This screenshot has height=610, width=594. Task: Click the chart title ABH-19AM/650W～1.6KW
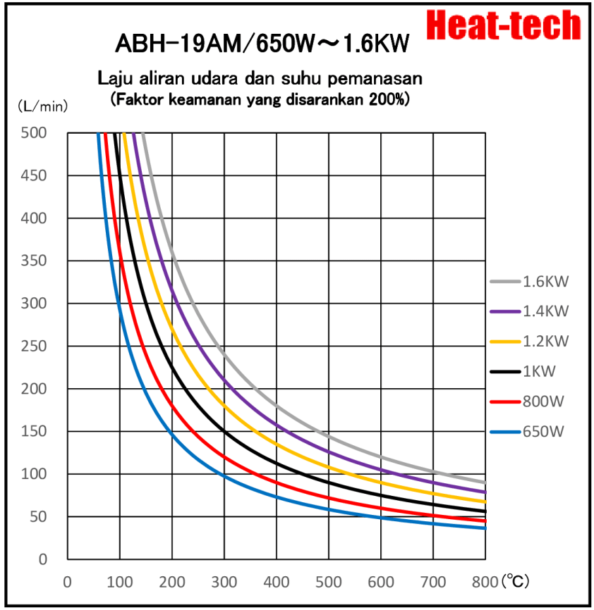(x=262, y=44)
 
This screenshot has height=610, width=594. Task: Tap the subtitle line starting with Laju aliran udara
(x=260, y=77)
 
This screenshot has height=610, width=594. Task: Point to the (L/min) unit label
(x=42, y=106)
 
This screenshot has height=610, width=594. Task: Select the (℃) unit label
(x=514, y=582)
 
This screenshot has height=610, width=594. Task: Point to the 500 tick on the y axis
(x=35, y=133)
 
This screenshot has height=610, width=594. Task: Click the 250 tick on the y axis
(x=35, y=347)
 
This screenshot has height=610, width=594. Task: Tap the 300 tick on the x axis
(x=224, y=583)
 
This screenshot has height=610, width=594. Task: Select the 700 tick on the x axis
(x=433, y=583)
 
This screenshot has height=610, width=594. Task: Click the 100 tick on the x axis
(x=120, y=583)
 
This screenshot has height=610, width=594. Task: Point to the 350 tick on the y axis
(x=35, y=261)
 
